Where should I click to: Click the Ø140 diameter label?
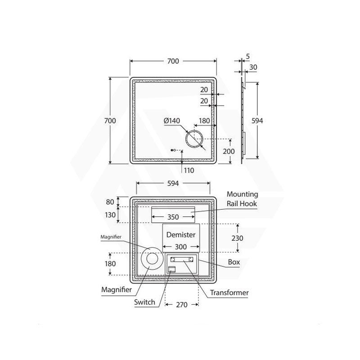pyautogui.click(x=172, y=121)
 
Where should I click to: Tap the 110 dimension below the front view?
pyautogui.click(x=189, y=171)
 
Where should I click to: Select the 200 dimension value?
pyautogui.click(x=229, y=151)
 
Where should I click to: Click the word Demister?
pyautogui.click(x=181, y=234)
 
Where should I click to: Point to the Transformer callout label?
pyautogui.click(x=229, y=293)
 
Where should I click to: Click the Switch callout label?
pyautogui.click(x=144, y=302)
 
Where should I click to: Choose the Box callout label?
pyautogui.click(x=234, y=262)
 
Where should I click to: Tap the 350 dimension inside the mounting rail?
pyautogui.click(x=173, y=217)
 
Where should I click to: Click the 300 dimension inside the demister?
pyautogui.click(x=181, y=247)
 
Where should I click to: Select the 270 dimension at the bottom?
pyautogui.click(x=182, y=305)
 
